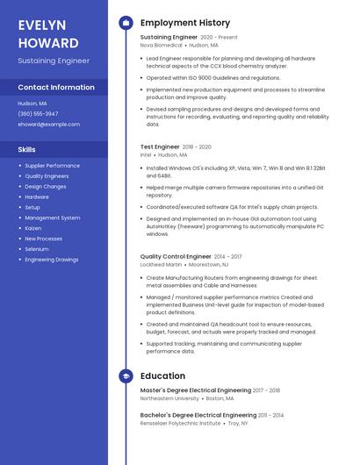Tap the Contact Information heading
[x=56, y=88]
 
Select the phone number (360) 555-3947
[x=38, y=114]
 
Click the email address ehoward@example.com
[x=48, y=125]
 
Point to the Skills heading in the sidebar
[x=27, y=150]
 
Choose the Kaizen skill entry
[x=32, y=228]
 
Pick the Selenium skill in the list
[x=37, y=249]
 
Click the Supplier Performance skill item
[x=52, y=166]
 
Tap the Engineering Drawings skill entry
[x=51, y=260]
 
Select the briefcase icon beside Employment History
[x=125, y=22]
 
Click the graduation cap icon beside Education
[x=125, y=376]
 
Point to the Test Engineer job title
[x=159, y=147]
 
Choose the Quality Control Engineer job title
[x=176, y=257]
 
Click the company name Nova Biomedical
[x=161, y=45]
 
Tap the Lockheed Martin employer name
[x=161, y=264]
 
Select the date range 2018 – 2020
[x=196, y=147]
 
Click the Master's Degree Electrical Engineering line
[x=195, y=390]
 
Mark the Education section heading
[x=162, y=376]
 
